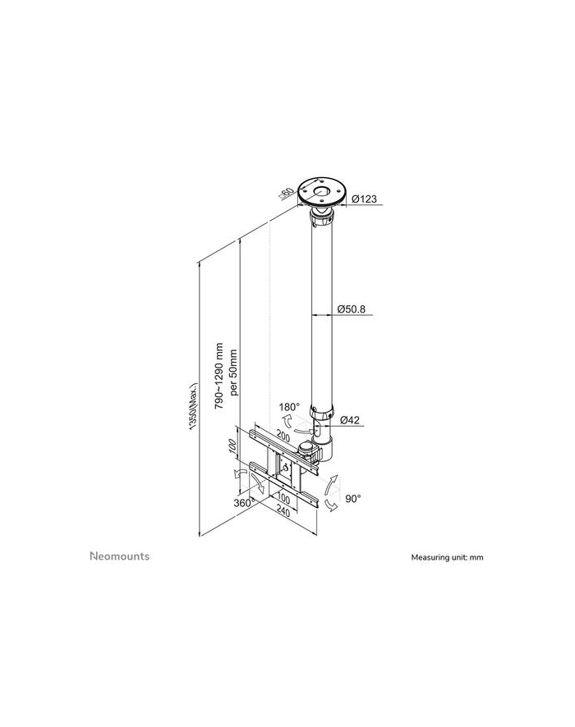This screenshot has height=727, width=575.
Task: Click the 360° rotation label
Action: (x=242, y=502)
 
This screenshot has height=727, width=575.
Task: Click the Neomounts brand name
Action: (x=119, y=556)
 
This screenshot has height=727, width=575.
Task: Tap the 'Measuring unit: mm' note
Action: (x=447, y=557)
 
